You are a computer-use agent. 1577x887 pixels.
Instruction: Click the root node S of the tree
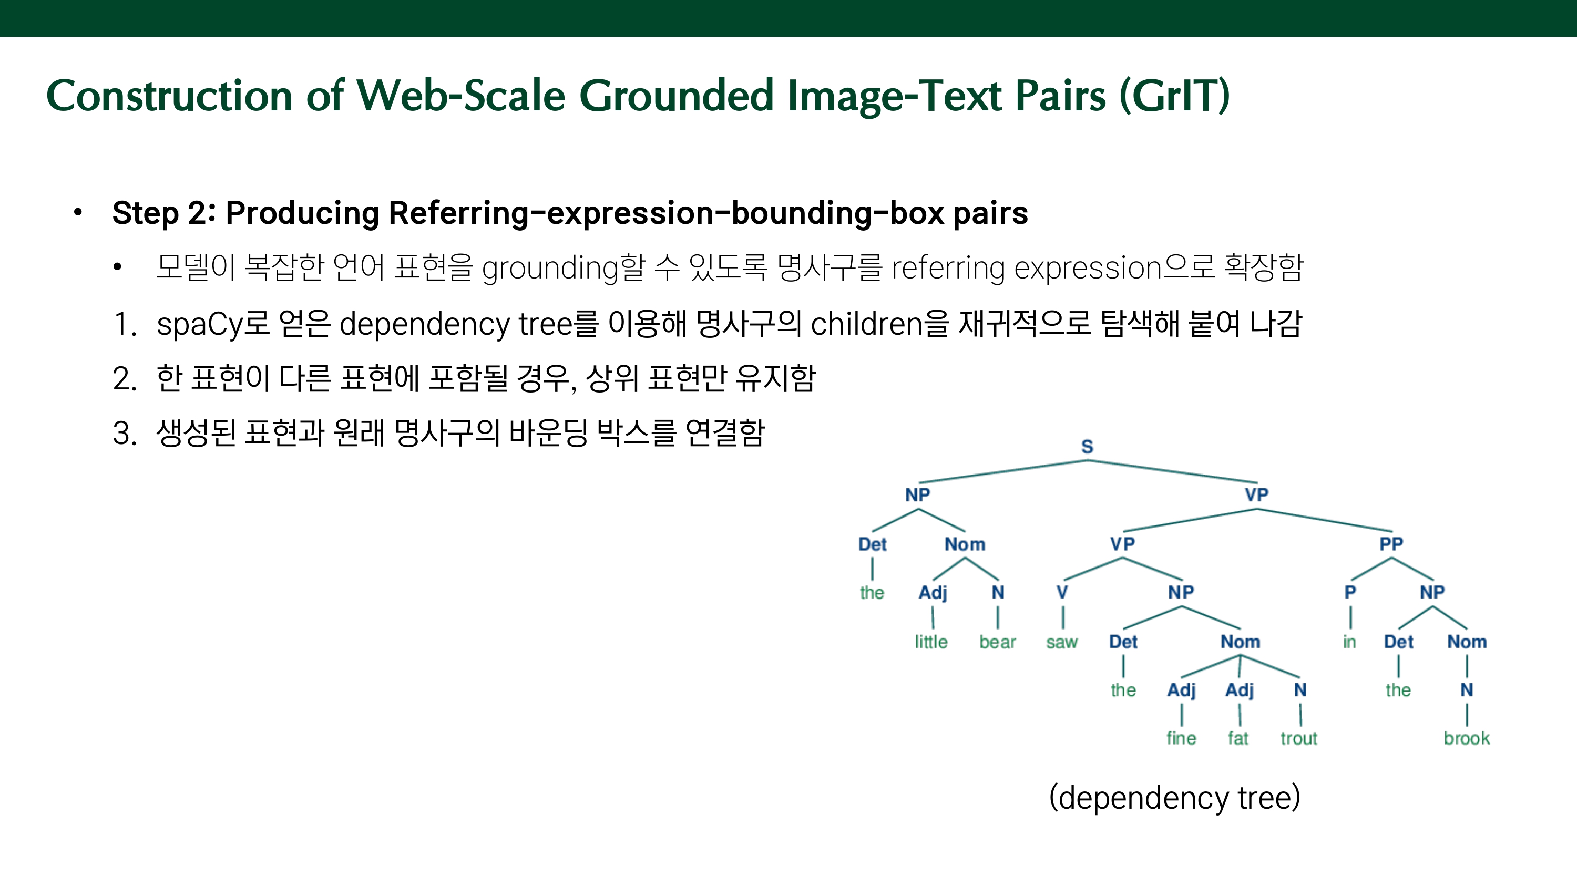click(x=1087, y=447)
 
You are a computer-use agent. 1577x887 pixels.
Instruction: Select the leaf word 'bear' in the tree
click(x=997, y=642)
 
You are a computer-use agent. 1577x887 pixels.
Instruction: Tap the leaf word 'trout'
click(x=1298, y=738)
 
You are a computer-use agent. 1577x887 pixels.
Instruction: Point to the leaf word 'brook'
click(x=1466, y=738)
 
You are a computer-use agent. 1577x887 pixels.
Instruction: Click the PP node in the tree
click(x=1391, y=543)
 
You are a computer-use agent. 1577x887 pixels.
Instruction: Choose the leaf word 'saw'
click(x=1061, y=642)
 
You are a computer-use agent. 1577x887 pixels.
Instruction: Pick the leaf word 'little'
click(x=931, y=642)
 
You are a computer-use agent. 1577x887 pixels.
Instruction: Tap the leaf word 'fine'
click(x=1181, y=738)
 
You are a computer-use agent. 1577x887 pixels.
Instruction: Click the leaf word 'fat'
click(x=1238, y=738)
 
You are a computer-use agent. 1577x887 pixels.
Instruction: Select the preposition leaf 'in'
click(x=1349, y=642)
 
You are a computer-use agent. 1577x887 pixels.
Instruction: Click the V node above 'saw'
click(x=1062, y=593)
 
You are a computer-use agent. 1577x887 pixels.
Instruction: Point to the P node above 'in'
click(x=1350, y=593)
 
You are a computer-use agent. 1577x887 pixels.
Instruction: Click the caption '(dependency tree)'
click(x=1174, y=798)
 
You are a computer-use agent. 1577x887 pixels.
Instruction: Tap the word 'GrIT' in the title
click(x=1174, y=96)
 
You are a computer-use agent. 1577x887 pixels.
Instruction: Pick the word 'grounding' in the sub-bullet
click(x=550, y=269)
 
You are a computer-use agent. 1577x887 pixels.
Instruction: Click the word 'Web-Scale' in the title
click(x=460, y=96)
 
